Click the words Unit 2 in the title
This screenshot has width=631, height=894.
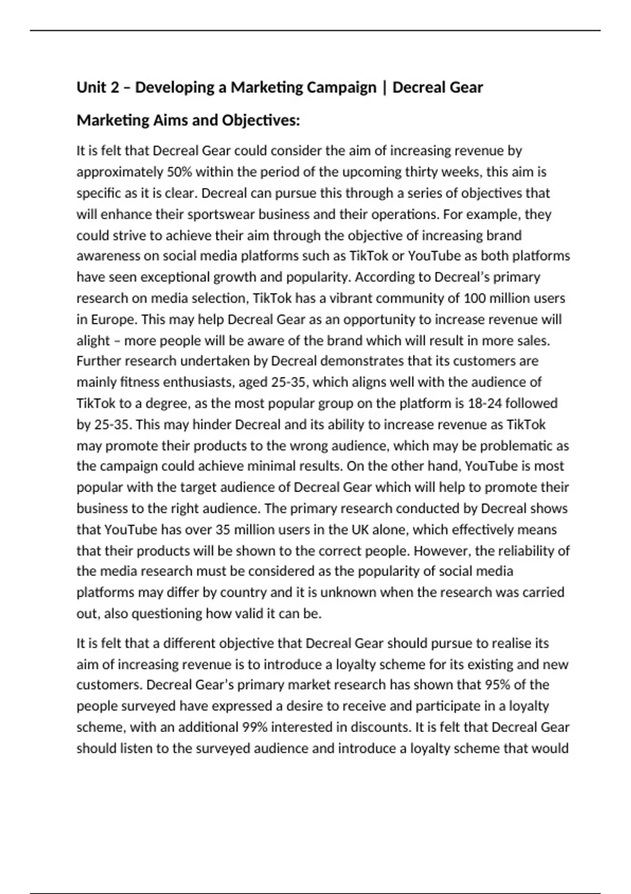pos(98,87)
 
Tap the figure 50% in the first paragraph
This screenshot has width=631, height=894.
pos(179,172)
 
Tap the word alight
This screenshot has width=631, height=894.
pos(93,340)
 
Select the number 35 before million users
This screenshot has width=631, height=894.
pos(222,530)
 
